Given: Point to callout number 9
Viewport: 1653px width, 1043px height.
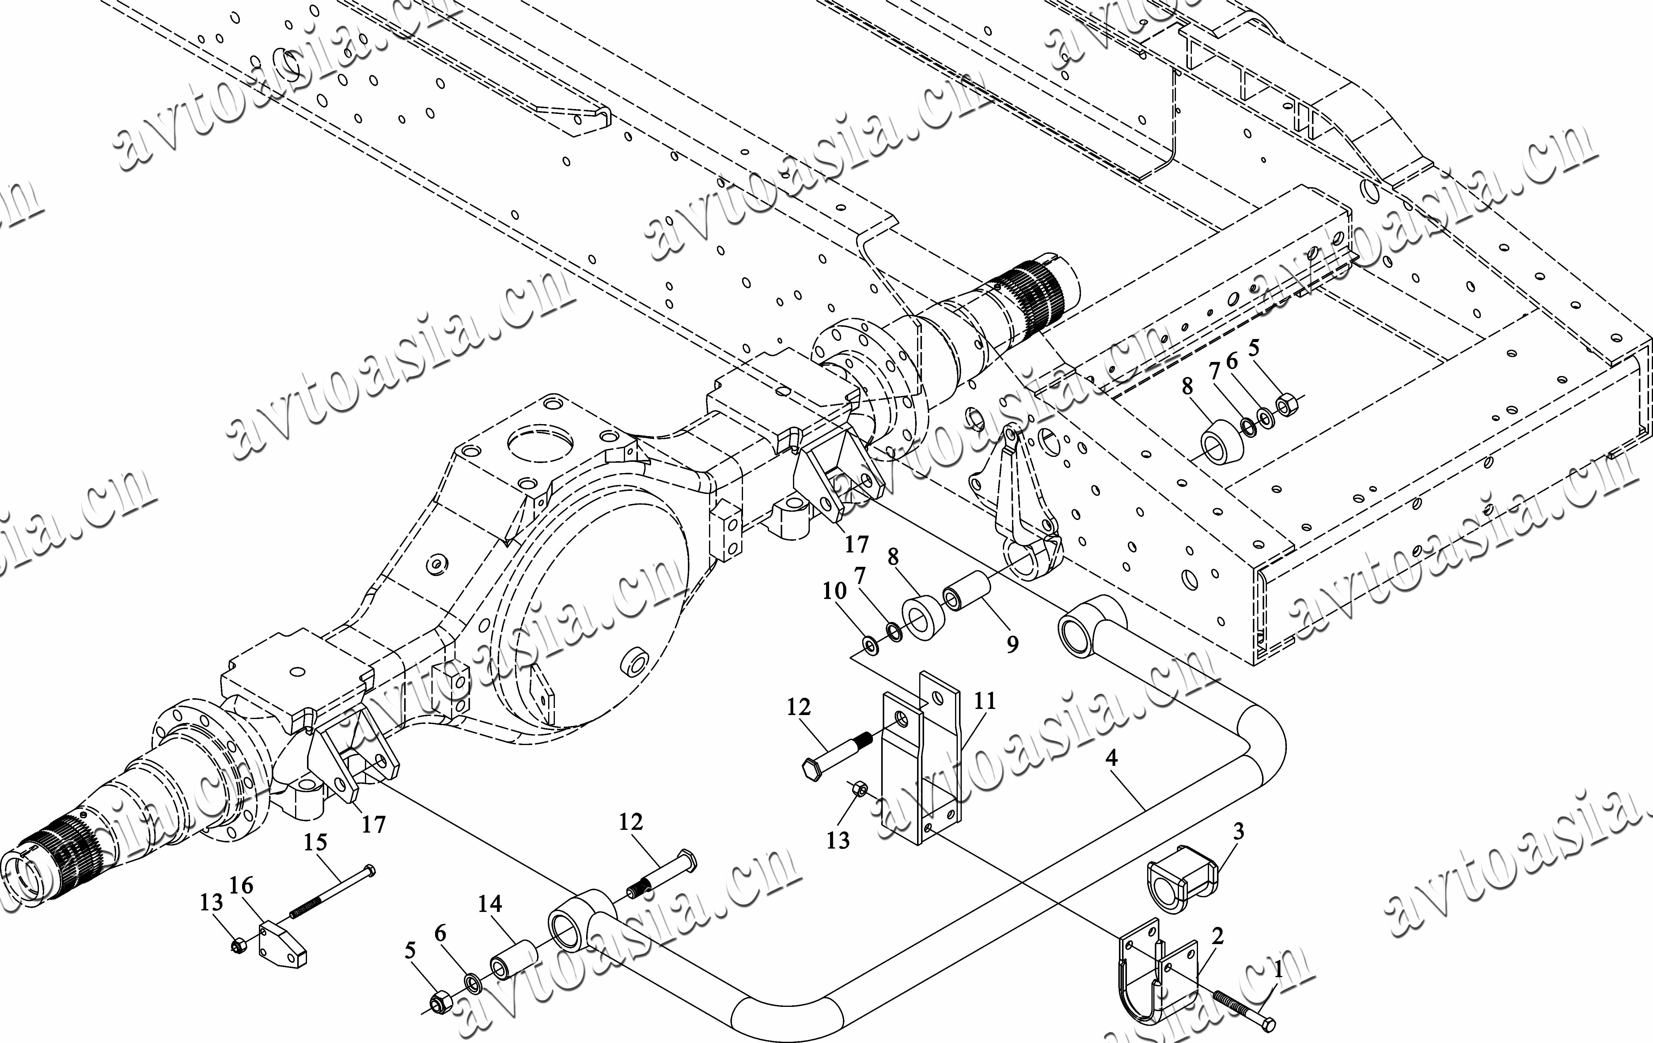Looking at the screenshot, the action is point(1012,644).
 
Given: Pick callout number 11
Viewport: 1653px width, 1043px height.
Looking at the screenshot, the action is point(984,701).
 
